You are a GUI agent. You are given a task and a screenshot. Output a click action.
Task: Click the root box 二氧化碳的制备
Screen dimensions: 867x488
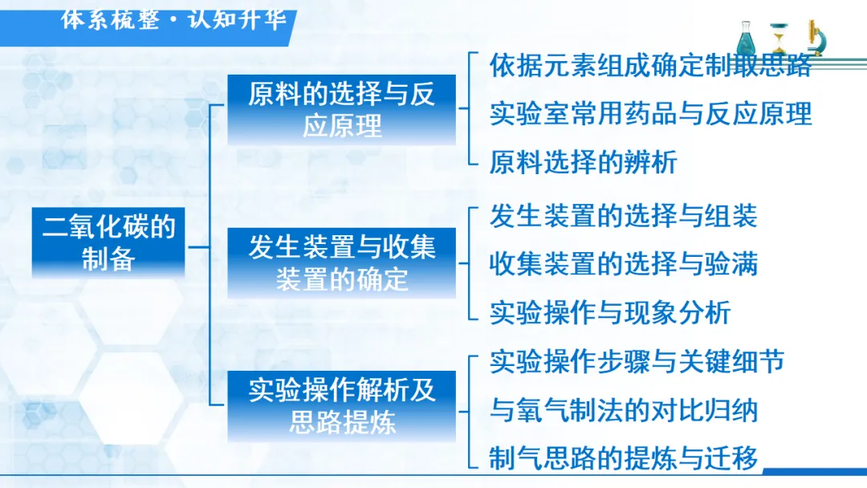[x=108, y=242]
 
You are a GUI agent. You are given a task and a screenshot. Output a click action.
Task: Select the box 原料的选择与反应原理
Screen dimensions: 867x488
[x=342, y=109]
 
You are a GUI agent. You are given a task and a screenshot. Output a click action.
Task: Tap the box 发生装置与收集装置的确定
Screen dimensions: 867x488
[x=342, y=262]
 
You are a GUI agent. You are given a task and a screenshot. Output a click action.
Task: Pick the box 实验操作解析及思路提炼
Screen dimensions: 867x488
[x=342, y=406]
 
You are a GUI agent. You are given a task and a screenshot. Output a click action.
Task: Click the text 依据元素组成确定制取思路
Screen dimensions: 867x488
[x=650, y=65]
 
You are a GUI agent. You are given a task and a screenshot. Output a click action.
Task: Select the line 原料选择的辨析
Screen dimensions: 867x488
[x=584, y=162]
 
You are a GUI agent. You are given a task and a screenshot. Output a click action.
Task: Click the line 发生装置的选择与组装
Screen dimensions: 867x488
[x=624, y=216]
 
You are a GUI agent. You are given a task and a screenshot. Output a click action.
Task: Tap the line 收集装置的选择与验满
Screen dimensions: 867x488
[x=624, y=264]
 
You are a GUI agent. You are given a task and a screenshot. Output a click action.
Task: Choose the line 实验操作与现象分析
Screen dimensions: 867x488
[x=610, y=313]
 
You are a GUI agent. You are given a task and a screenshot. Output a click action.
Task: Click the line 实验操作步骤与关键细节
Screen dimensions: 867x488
[x=637, y=362]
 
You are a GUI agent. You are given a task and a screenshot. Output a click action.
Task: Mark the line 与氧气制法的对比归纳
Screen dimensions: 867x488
[x=624, y=411]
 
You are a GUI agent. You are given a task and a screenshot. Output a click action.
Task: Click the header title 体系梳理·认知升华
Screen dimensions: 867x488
[x=173, y=20]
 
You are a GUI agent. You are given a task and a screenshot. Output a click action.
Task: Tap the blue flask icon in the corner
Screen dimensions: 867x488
[x=746, y=38]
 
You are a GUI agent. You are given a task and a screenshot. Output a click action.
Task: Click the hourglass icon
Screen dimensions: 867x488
[x=779, y=38]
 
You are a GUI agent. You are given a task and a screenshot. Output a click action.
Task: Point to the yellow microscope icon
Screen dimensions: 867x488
[x=815, y=38]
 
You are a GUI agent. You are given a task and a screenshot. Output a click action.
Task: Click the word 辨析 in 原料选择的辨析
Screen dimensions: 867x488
[x=651, y=162]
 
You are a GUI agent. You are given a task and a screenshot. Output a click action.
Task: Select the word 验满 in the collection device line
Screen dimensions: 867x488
[x=731, y=264]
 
